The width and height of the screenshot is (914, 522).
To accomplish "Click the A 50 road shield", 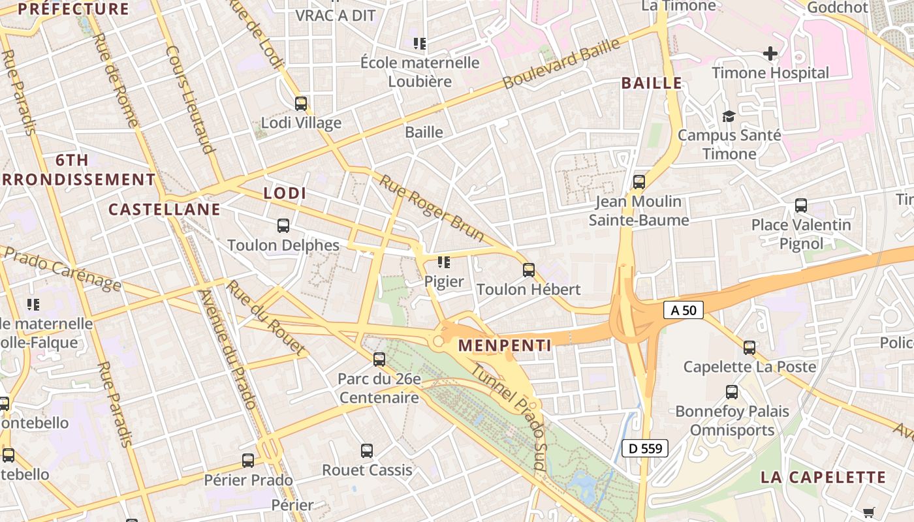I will click(684, 310).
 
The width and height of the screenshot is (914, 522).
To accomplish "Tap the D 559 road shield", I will click(645, 448).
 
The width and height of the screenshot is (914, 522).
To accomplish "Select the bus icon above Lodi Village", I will click(300, 103).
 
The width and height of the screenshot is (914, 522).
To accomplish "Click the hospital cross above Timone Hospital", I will click(770, 53).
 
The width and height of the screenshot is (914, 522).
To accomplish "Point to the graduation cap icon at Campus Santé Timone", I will click(728, 116).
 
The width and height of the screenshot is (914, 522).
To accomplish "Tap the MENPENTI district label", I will click(504, 345).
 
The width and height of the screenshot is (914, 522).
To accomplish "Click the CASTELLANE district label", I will click(165, 209).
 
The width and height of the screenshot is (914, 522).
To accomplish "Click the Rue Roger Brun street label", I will click(432, 208).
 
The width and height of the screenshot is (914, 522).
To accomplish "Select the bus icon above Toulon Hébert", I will click(528, 269).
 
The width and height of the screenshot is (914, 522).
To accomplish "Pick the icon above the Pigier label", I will click(444, 262).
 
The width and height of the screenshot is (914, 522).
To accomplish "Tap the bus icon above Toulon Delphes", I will click(283, 226).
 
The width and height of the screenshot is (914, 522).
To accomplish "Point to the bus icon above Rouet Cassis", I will click(367, 450).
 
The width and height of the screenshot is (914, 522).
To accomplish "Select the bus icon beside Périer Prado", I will click(247, 460).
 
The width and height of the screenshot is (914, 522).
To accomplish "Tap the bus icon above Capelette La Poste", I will click(749, 347).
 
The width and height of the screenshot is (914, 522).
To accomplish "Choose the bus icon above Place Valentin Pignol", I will click(800, 206).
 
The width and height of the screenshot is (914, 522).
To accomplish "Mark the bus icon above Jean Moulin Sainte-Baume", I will click(638, 182).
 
